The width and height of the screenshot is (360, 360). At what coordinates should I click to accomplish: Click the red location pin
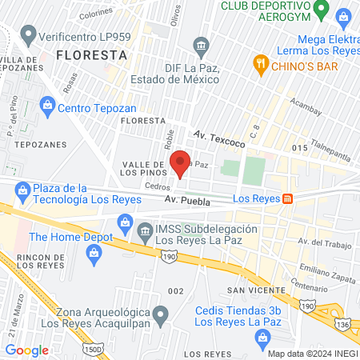182,162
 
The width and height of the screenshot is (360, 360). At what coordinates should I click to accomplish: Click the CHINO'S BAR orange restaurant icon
259,63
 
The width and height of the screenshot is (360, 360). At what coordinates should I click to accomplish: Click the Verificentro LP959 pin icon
29,35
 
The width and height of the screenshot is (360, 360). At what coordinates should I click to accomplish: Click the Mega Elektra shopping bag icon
343,17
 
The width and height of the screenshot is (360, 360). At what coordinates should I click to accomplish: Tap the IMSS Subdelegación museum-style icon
146,234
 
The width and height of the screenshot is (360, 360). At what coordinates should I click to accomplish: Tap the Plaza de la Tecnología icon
22,190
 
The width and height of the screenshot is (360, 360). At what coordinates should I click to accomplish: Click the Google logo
27,350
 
